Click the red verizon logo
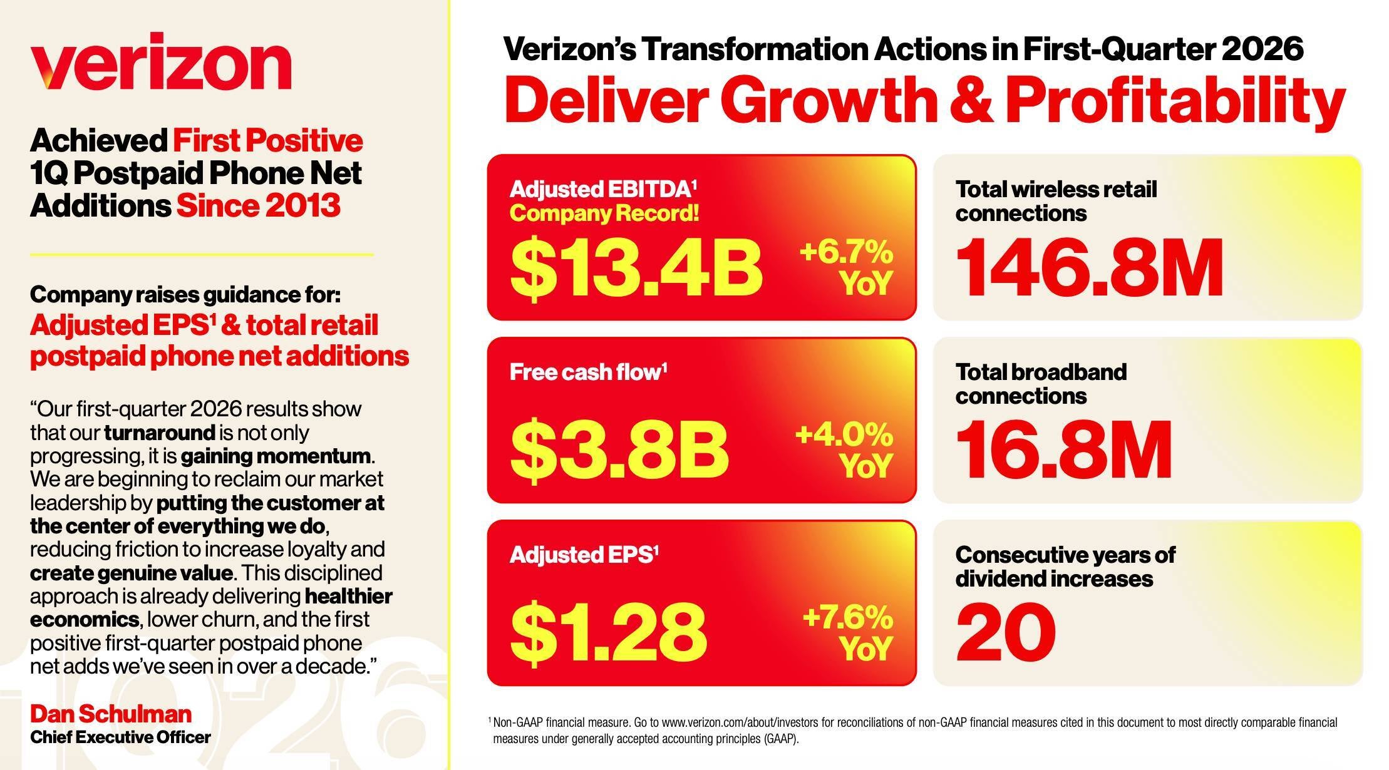pos(160,62)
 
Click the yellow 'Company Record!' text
pos(604,214)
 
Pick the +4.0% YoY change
pos(844,449)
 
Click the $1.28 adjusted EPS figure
pos(608,630)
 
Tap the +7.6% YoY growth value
pos(848,632)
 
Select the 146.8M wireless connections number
pos(1089,267)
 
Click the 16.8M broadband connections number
pos(1063,449)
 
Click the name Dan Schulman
pos(111,714)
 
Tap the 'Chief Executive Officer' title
pos(120,737)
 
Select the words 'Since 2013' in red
pos(258,206)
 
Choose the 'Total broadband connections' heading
pos(1040,384)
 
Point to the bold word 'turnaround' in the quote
pos(160,433)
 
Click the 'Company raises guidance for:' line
pos(185,294)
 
